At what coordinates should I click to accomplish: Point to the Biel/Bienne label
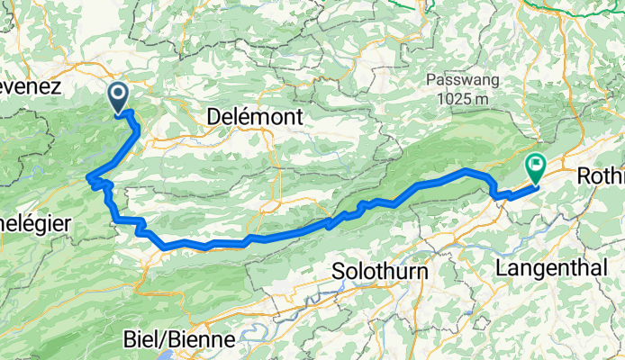click(x=178, y=340)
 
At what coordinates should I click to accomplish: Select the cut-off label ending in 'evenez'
click(x=30, y=87)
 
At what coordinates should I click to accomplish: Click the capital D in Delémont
click(x=214, y=116)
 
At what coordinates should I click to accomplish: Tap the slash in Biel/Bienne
click(x=163, y=340)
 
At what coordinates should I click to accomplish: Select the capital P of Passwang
click(x=430, y=81)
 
